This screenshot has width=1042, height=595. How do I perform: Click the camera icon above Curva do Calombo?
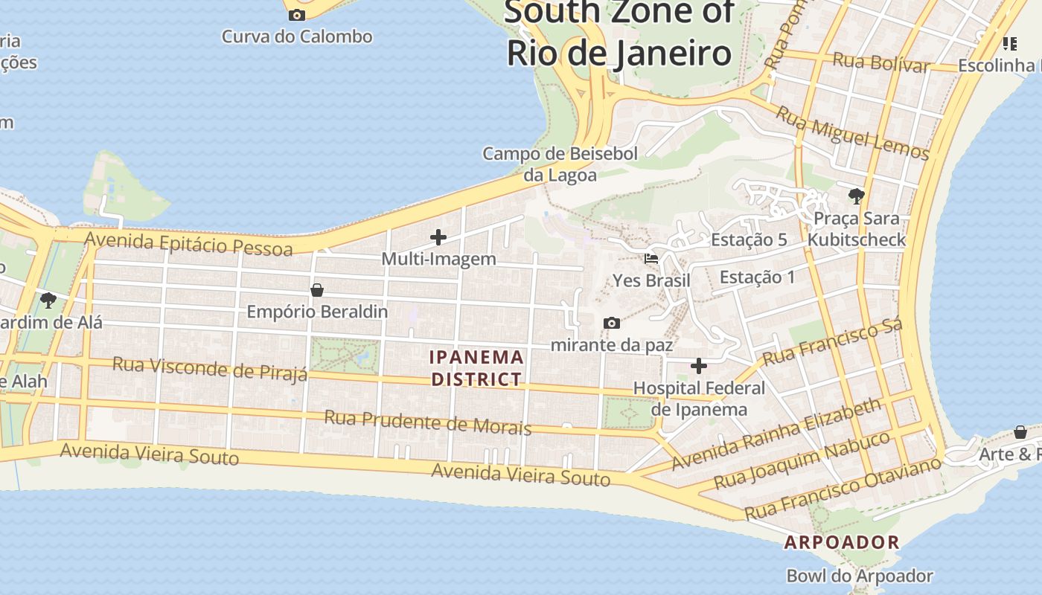[297, 15]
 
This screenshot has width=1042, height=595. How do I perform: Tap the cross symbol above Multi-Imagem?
[438, 237]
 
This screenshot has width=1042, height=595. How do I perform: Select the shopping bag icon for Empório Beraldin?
[317, 289]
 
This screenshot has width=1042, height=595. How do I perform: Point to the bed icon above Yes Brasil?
[651, 259]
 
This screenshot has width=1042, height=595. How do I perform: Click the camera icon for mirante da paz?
[612, 323]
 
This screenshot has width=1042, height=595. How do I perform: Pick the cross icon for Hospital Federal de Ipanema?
[699, 365]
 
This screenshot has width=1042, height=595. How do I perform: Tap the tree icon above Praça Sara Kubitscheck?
[856, 196]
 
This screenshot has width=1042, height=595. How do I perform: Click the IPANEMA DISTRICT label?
[477, 368]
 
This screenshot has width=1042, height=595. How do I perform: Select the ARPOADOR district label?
[842, 542]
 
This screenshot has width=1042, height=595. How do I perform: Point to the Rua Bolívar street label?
[881, 62]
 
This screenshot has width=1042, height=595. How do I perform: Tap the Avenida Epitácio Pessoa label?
[189, 243]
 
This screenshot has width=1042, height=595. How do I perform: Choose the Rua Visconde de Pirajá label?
[210, 368]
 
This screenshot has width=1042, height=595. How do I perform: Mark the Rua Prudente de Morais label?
[428, 422]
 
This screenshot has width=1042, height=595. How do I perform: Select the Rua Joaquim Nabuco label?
[802, 460]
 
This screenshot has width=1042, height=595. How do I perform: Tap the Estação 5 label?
[749, 239]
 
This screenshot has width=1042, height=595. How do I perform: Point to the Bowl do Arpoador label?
[860, 576]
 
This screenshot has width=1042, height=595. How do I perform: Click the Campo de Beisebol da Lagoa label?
[560, 164]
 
